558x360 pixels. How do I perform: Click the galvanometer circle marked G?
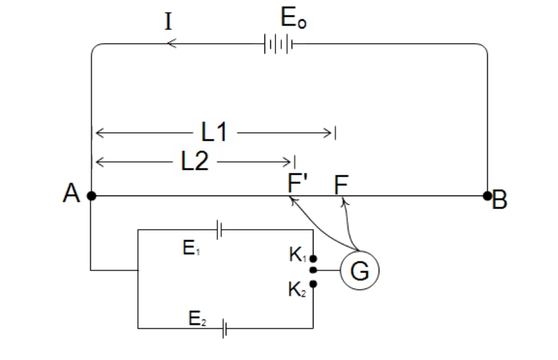click(x=360, y=251)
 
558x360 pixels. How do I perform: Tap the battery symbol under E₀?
click(x=279, y=44)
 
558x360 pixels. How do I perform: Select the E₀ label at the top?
click(x=294, y=18)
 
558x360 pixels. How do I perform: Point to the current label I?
click(x=168, y=21)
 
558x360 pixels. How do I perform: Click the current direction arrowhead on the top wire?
click(x=172, y=43)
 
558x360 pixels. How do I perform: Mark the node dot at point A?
click(x=92, y=196)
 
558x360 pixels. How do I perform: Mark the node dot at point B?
click(x=487, y=196)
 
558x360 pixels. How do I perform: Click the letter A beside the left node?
click(x=71, y=193)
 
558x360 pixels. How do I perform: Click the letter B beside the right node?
click(x=499, y=199)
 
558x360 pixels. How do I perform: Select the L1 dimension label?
click(x=214, y=132)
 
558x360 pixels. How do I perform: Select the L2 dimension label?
click(x=195, y=161)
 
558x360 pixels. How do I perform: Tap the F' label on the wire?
click(x=297, y=183)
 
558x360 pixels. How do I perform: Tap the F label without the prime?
click(x=341, y=185)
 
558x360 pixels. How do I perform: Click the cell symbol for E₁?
click(x=219, y=230)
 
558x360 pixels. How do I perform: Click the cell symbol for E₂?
click(x=224, y=328)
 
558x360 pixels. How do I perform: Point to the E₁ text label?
click(x=192, y=248)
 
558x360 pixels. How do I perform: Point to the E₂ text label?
click(x=197, y=318)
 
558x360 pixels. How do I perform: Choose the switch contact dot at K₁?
click(x=313, y=259)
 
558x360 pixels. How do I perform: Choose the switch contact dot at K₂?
click(x=313, y=284)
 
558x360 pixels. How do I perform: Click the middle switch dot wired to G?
click(x=313, y=270)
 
